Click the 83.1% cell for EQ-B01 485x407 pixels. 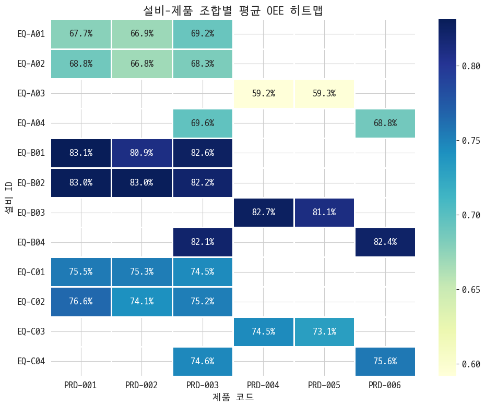81,153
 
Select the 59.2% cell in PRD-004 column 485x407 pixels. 263,94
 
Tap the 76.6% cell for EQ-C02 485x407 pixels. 81,302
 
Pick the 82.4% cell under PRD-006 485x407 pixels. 385,242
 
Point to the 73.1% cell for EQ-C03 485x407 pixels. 324,331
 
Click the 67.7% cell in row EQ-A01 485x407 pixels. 81,34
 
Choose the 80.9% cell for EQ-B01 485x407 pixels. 142,153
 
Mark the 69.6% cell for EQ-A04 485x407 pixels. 203,124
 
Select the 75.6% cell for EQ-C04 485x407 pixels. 385,361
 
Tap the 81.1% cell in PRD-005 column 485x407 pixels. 324,213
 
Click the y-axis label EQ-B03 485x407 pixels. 31,213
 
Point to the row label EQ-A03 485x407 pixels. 31,94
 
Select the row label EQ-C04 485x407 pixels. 31,361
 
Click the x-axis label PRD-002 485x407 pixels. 142,385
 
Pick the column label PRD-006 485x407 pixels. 385,385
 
